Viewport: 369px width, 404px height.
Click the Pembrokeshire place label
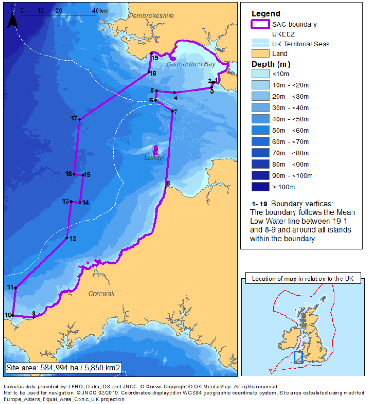[x=151, y=16]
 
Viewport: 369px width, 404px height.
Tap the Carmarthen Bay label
[x=191, y=64]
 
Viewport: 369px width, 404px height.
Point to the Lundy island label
[x=153, y=158]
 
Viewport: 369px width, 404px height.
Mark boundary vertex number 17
[x=79, y=119]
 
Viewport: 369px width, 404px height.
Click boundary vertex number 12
[x=67, y=238]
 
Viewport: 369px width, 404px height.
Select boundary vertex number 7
[x=172, y=111]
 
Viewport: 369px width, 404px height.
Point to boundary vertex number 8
[x=165, y=188]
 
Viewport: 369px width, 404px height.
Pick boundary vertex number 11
[x=16, y=288]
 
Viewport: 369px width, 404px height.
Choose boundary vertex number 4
[x=175, y=92]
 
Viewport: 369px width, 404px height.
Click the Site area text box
[x=63, y=368]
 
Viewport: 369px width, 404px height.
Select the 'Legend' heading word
[x=266, y=14]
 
